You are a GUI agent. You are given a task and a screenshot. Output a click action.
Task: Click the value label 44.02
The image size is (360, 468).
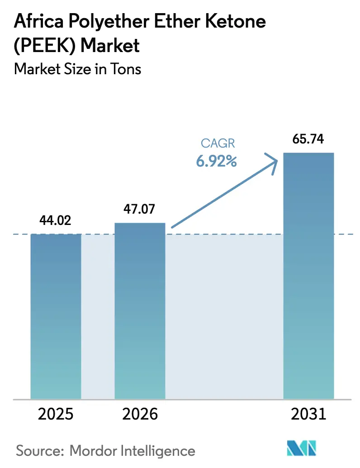pos(56,221)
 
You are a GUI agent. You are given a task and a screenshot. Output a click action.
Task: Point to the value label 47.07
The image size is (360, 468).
pos(140,210)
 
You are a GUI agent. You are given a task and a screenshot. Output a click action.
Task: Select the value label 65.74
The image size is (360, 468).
pos(308,139)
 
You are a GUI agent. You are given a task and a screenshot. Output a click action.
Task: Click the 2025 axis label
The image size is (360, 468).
pos(56,414)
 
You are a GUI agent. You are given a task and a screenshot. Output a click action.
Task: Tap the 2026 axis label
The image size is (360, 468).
pos(140,414)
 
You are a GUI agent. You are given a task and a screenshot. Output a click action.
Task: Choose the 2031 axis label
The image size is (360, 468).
pos(308,414)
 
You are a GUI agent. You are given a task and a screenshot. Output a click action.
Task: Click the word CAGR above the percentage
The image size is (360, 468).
pos(218,143)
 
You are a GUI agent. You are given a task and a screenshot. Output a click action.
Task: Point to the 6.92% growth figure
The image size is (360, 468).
pos(217,161)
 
